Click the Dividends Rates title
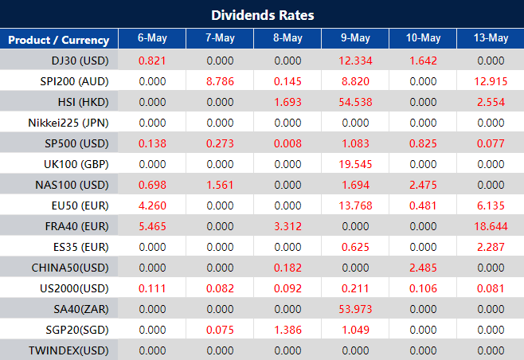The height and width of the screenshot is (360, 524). [x=262, y=15]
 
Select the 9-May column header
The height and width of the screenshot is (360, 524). [x=354, y=39]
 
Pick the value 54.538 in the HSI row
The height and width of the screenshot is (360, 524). [x=355, y=102]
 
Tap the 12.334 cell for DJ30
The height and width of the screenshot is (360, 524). [x=355, y=61]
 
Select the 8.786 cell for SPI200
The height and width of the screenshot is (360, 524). [x=219, y=81]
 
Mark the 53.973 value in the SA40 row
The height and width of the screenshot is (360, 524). [x=355, y=309]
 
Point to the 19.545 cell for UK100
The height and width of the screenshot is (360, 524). [x=355, y=164]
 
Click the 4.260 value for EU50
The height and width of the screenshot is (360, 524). [x=151, y=205]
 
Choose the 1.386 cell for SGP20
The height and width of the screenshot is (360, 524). [x=287, y=330]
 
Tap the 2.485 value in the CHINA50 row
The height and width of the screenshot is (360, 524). [x=423, y=268]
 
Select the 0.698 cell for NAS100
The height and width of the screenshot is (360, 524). [x=151, y=185]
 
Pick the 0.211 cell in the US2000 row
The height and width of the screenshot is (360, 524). [x=355, y=288]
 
